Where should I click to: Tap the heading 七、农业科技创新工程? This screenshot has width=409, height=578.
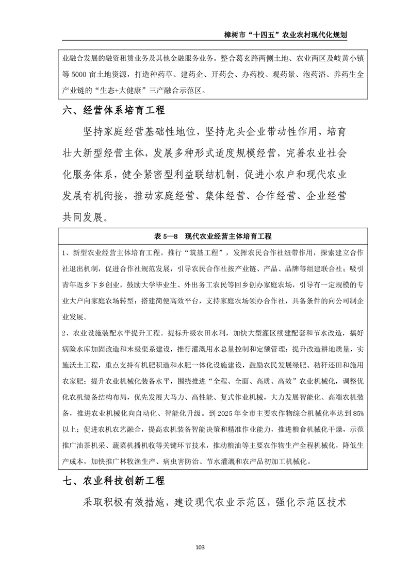coord(113,481)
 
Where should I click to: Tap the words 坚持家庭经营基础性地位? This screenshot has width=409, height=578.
coord(137,131)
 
